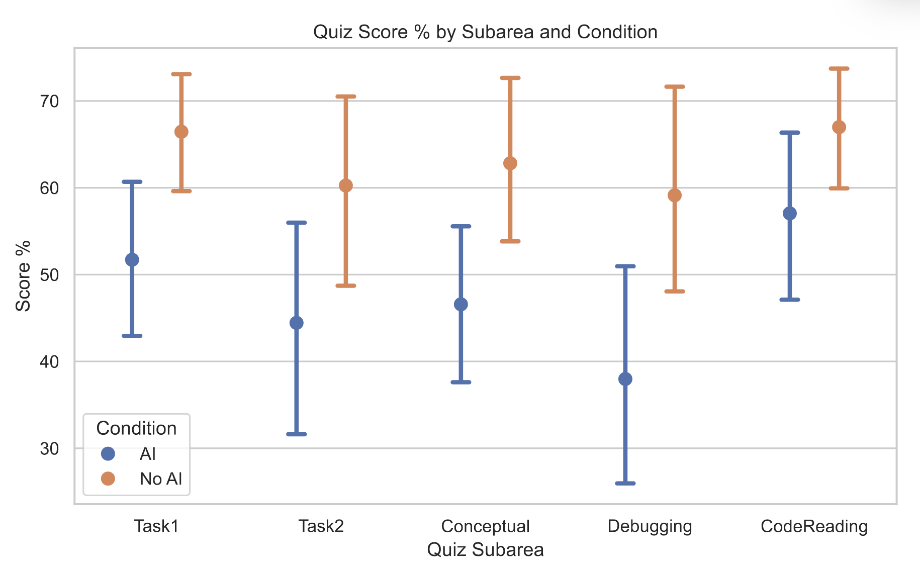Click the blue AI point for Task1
click(132, 260)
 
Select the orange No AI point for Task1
click(181, 132)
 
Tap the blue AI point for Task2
click(297, 323)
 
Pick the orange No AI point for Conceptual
click(510, 163)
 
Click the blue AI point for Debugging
click(625, 379)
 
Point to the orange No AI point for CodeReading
click(839, 127)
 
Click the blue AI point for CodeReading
click(790, 214)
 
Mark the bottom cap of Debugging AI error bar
click(625, 484)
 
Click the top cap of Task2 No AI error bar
click(346, 96)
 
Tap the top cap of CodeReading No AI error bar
click(839, 68)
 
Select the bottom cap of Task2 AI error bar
click(297, 434)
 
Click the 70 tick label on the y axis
click(50, 102)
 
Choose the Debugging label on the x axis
click(650, 526)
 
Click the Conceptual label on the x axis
click(485, 526)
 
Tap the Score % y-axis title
click(23, 276)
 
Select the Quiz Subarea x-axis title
click(485, 550)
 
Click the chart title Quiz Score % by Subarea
click(485, 32)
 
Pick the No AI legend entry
click(160, 479)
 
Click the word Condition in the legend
click(136, 428)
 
